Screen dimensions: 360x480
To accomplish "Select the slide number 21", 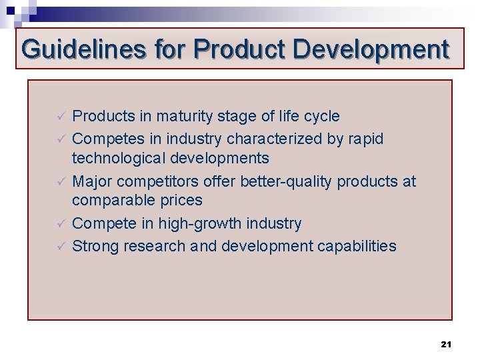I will [446, 344].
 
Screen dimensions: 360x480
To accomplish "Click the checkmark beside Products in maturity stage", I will [59, 117].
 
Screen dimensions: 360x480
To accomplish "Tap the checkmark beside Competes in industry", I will [59, 139].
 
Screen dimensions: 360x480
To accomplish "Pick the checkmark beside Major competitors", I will [59, 181].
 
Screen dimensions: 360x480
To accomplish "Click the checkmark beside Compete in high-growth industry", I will [59, 223].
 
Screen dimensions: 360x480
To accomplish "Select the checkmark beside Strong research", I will [59, 246].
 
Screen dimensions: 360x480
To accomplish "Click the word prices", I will [180, 201].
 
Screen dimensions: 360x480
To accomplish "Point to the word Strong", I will [95, 246].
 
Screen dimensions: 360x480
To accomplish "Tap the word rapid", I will [368, 139].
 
